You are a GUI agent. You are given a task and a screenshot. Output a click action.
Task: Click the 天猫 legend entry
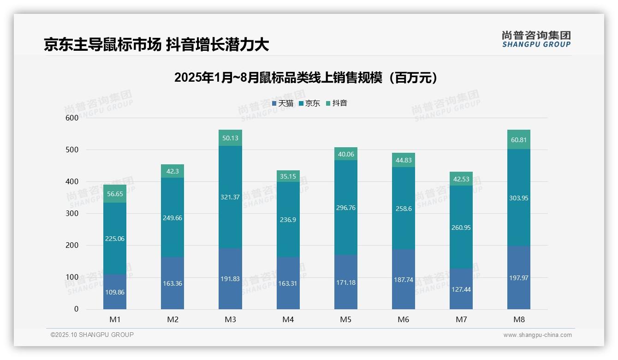(283, 103)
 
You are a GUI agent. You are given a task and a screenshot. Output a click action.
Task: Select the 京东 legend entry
(309, 103)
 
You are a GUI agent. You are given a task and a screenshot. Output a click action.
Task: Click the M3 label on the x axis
(230, 319)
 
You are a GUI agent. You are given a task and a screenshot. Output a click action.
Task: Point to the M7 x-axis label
(461, 319)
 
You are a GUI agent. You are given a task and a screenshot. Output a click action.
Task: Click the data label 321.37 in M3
(230, 197)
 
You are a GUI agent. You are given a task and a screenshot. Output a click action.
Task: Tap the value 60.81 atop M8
(519, 139)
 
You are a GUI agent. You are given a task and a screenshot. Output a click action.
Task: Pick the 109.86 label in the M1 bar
(115, 292)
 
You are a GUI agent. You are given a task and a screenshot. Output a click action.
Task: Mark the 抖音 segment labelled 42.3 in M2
(172, 171)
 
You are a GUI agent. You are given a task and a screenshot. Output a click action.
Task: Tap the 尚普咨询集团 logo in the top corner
(536, 39)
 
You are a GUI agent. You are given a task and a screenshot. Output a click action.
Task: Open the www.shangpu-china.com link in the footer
(537, 335)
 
